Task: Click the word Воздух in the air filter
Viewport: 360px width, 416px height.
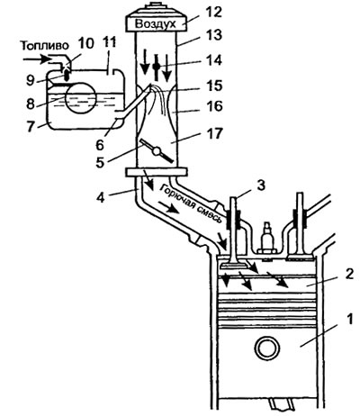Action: point(155,23)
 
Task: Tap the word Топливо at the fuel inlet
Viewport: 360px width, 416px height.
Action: point(45,46)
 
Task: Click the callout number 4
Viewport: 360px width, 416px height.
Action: point(100,198)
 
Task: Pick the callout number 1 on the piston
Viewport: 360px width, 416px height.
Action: point(349,321)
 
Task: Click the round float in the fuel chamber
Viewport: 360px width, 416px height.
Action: point(80,98)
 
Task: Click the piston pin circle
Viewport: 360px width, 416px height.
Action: point(267,348)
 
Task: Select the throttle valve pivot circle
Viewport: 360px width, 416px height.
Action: point(156,151)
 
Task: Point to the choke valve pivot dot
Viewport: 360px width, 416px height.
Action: point(156,67)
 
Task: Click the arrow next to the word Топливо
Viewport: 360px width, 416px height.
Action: point(37,59)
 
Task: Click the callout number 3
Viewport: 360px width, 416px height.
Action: point(261,185)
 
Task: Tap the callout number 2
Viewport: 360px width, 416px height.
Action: point(349,274)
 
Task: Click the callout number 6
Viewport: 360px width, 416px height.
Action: point(99,145)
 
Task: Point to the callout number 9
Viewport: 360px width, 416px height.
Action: point(31,80)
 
